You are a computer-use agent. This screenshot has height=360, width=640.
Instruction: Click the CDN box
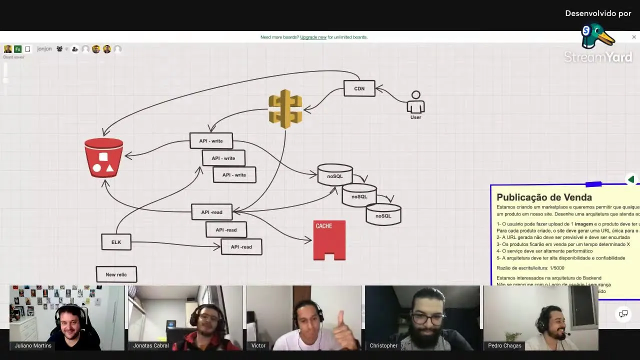point(359,88)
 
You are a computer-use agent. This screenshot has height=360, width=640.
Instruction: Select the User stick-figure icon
point(415,103)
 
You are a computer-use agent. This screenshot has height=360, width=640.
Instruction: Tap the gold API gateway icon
point(285,108)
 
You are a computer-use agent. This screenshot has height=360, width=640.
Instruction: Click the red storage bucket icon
point(103,157)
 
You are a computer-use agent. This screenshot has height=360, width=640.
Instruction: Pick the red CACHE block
point(329,240)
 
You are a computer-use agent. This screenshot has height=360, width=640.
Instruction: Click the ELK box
point(116,242)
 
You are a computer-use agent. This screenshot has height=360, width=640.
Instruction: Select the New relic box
point(116,274)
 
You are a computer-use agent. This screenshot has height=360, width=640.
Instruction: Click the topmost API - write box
point(211,141)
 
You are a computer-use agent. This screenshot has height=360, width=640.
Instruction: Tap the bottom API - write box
point(234,175)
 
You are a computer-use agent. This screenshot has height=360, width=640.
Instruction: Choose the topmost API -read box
point(211,212)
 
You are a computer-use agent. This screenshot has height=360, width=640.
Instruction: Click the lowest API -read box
point(241,247)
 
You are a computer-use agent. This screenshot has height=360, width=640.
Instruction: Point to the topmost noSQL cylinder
point(335,175)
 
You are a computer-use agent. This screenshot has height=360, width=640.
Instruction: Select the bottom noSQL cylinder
point(383,214)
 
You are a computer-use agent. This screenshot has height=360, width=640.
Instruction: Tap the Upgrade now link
point(313,37)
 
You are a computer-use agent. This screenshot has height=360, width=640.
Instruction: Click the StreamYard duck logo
point(597,36)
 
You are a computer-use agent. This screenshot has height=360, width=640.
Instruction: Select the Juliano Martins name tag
point(33,345)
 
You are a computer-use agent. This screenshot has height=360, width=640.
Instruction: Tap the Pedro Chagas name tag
point(504,345)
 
